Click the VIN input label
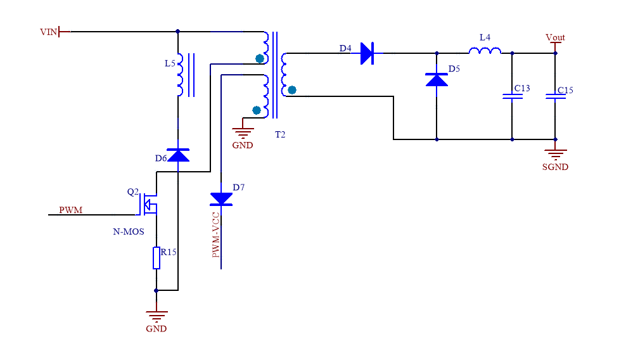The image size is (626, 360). (x=48, y=32)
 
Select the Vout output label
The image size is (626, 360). (x=555, y=37)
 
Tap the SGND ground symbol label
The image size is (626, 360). (x=555, y=167)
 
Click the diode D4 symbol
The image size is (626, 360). (x=367, y=53)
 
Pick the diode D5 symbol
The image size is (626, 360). (x=436, y=79)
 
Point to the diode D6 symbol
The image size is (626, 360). (x=178, y=155)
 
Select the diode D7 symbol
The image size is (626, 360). (x=221, y=199)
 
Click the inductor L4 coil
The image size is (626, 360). (x=485, y=51)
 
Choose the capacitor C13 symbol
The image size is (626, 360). (x=511, y=96)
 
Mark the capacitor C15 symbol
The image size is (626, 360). (x=555, y=96)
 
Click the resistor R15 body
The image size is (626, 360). (x=156, y=259)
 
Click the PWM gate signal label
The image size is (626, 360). (x=70, y=210)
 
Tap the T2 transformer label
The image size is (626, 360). (x=281, y=136)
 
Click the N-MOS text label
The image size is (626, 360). (x=129, y=232)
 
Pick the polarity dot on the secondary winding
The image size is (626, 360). (x=292, y=90)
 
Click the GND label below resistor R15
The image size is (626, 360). (x=156, y=329)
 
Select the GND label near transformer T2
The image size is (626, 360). (x=242, y=145)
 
